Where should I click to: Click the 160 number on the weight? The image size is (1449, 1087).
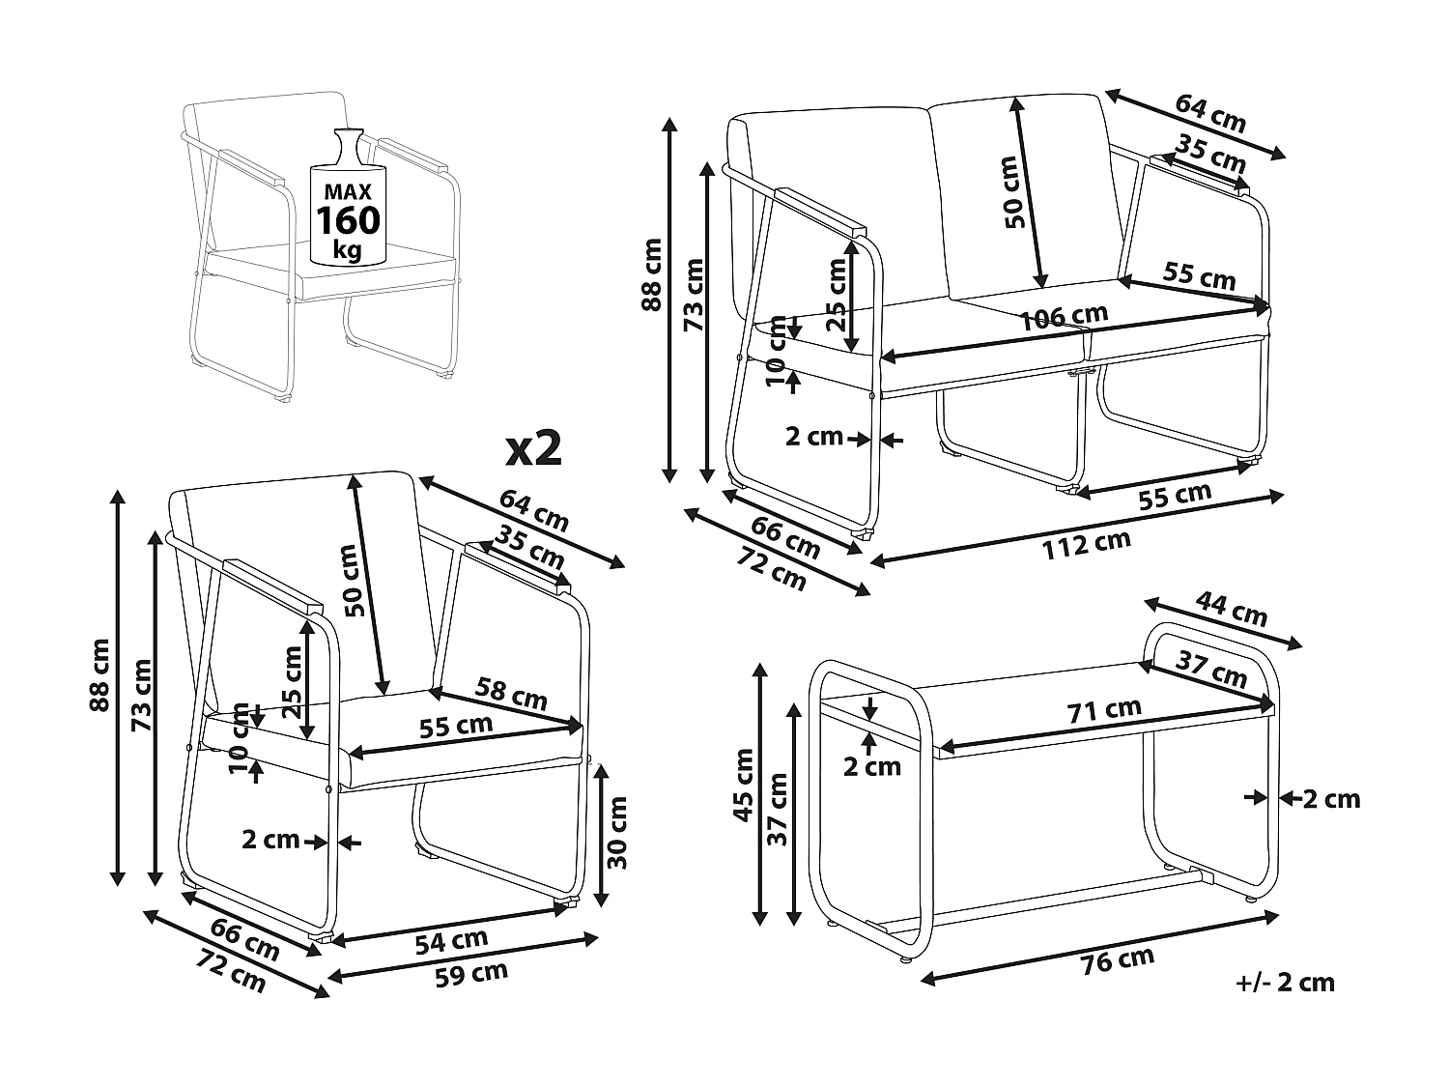pos(349,221)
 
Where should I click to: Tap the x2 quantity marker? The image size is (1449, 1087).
pos(534,448)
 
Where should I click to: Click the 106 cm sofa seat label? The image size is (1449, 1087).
pos(1065,318)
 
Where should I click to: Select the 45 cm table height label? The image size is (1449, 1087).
pos(744,785)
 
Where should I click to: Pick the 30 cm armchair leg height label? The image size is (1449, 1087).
pos(619,833)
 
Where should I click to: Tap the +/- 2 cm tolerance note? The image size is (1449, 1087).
pos(1285,984)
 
